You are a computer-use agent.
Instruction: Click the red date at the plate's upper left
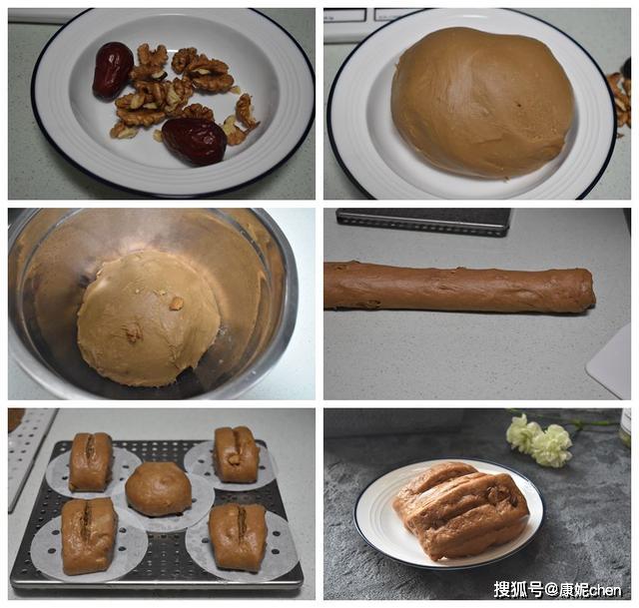(113, 71)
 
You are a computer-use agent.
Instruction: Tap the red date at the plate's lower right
(195, 141)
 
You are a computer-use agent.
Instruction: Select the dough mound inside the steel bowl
(149, 317)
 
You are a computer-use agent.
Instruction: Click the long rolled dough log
(459, 288)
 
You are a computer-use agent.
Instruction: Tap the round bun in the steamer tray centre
(159, 489)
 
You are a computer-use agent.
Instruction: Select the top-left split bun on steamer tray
(91, 461)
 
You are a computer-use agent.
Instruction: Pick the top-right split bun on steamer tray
(237, 454)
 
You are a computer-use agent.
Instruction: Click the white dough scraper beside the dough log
(611, 362)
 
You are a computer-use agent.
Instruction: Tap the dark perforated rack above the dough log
(423, 222)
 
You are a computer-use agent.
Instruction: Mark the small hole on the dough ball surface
(519, 105)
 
